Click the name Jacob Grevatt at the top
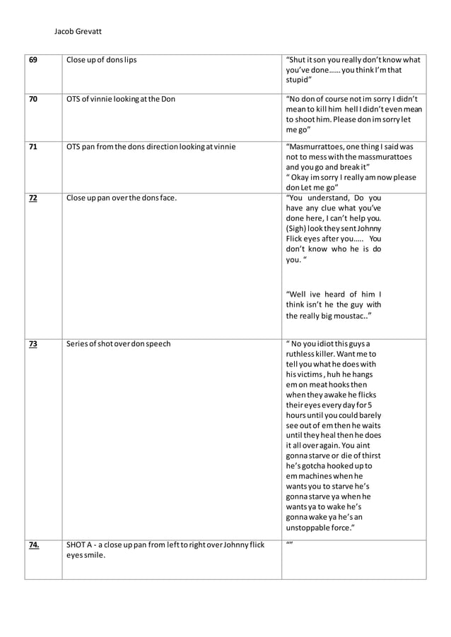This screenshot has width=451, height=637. [78, 32]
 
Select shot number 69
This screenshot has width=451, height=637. [33, 60]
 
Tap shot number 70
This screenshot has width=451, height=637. [33, 99]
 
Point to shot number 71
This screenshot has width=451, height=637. [33, 147]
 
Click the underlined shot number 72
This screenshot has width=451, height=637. [33, 198]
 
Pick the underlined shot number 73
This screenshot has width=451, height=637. [33, 344]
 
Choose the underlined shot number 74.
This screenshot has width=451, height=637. [35, 544]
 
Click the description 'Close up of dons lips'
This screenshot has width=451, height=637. [101, 60]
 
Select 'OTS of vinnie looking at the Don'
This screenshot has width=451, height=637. [120, 99]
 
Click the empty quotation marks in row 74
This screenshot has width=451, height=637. [288, 544]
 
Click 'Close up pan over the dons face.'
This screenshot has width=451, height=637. [121, 198]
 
